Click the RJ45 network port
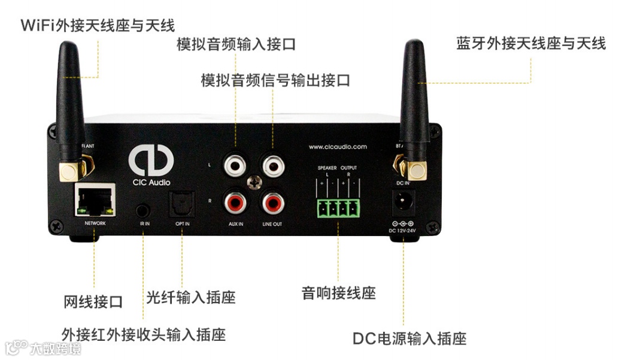[94, 200]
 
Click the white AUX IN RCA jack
[235, 163]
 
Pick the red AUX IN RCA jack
[235, 202]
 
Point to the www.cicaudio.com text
[338, 146]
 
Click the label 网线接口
[93, 301]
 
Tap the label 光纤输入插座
[190, 297]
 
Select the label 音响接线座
[338, 294]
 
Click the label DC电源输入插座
[409, 338]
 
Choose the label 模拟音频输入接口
[236, 44]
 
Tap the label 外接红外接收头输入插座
[144, 334]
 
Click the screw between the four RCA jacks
[253, 181]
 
